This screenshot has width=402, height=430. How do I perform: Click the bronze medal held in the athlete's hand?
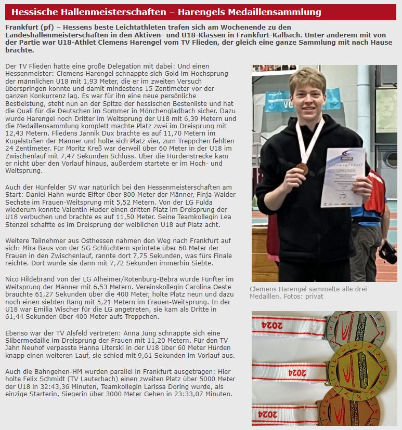302,168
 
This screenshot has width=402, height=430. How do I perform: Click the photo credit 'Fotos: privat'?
306,297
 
